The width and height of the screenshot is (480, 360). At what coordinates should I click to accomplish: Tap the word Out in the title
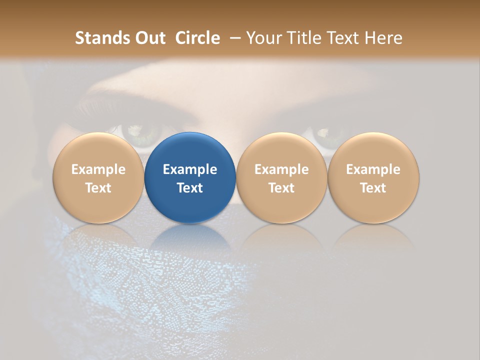[149, 38]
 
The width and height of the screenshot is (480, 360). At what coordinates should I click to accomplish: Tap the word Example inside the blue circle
[190, 169]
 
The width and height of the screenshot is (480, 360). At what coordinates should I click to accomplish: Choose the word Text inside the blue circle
[190, 188]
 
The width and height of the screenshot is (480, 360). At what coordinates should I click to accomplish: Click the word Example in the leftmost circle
[98, 169]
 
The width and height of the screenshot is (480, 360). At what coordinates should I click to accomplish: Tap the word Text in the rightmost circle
[373, 188]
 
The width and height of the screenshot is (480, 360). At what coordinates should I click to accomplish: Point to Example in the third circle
[281, 169]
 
